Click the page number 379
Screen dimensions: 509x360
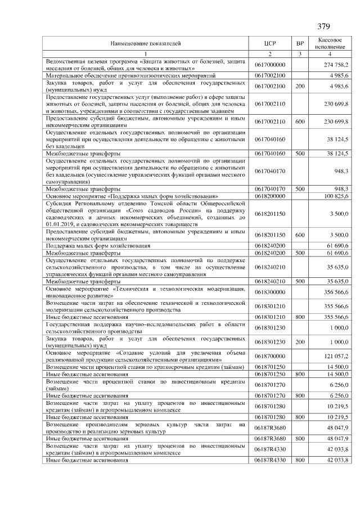point(323,26)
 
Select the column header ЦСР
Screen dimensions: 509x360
point(270,43)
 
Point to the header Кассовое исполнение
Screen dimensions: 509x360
point(331,43)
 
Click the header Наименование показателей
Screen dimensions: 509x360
point(146,43)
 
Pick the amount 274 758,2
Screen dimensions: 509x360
point(336,65)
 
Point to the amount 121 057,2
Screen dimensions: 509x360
point(336,356)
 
